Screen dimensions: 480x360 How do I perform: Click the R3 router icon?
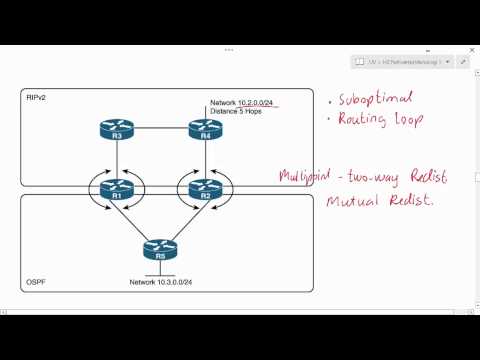pos(117,128)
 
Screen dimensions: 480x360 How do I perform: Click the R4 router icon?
pos(204,128)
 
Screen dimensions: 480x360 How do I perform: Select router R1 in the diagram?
pos(117,187)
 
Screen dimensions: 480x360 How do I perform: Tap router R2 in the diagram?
pos(204,187)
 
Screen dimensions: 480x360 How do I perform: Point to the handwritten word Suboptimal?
pos(371,102)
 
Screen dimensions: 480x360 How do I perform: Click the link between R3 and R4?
pos(160,128)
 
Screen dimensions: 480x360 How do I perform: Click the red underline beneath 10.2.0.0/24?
pos(257,105)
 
